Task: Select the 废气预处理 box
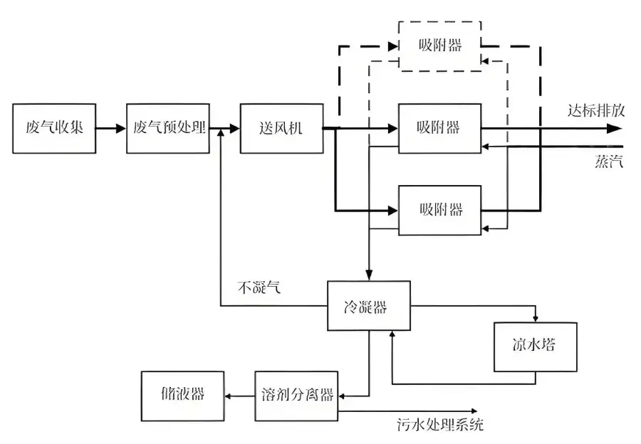coord(169,129)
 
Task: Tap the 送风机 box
coord(281,129)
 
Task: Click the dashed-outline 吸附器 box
coord(439,46)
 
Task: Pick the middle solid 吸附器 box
coord(439,129)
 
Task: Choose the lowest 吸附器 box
coord(439,210)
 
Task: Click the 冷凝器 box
coord(368,305)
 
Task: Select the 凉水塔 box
coord(536,347)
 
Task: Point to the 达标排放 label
coord(595,111)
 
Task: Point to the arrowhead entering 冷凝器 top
coord(368,275)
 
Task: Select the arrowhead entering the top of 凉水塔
coord(536,317)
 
